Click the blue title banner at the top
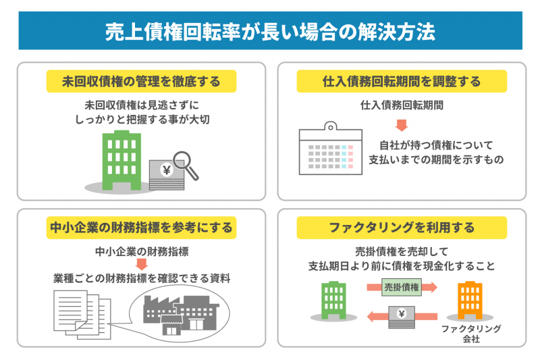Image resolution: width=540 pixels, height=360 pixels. point(270,31)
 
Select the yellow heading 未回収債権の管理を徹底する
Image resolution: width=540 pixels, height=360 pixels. point(141,82)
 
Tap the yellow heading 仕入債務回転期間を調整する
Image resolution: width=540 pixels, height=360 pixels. point(402,82)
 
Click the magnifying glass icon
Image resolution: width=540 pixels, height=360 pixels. point(184,164)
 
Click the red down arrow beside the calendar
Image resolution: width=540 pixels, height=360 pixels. point(402,126)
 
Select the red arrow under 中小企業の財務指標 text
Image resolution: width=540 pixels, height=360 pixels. point(141,264)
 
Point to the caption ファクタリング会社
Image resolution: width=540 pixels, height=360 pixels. point(471,334)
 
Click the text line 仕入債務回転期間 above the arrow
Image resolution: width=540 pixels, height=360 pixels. point(402,105)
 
